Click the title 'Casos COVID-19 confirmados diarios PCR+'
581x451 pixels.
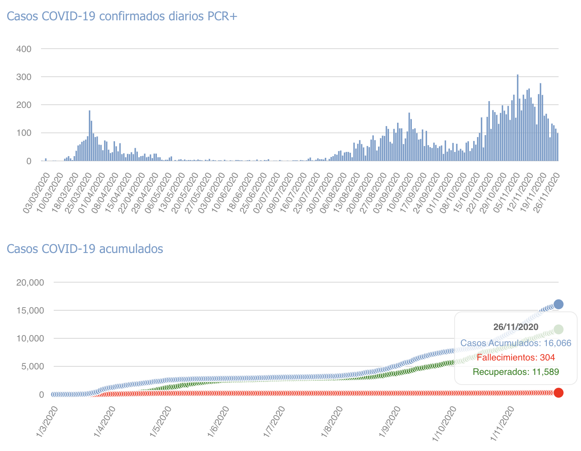[122, 16]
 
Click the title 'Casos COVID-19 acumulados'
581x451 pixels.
[85, 249]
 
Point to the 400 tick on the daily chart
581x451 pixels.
[24, 49]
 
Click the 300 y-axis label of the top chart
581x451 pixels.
[24, 77]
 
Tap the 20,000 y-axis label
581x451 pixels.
[30, 283]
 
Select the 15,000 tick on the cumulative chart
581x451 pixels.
[30, 311]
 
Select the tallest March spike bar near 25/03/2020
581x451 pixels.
[90, 135]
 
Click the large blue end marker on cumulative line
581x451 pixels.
[558, 304]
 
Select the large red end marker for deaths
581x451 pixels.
[558, 393]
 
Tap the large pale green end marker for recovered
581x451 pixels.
[558, 329]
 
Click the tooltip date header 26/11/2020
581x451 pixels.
[516, 327]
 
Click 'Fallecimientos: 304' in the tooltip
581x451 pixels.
[516, 357]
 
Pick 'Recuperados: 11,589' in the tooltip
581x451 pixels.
[516, 372]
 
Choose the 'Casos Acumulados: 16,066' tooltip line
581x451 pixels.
[516, 343]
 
